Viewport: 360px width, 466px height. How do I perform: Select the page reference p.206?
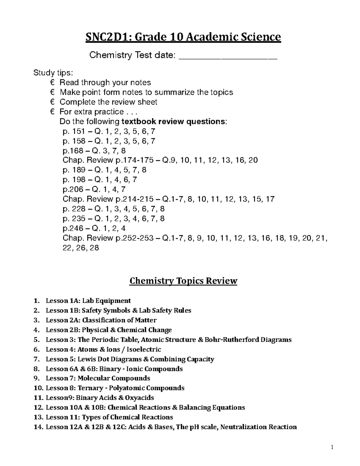point(71,189)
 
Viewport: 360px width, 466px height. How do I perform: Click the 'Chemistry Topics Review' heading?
point(183,281)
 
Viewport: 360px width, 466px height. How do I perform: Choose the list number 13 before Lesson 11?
point(38,417)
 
